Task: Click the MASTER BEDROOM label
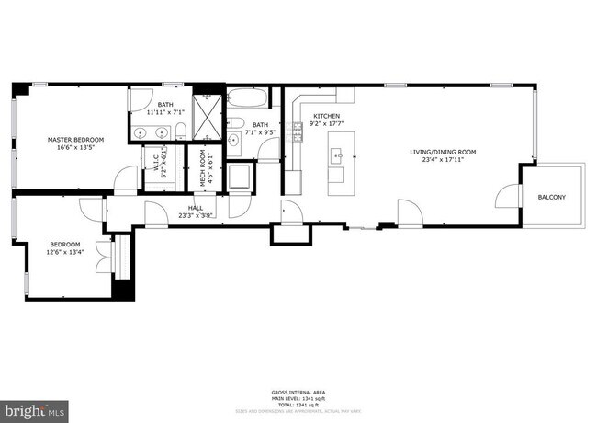tap(75, 140)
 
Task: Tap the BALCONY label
tap(552, 198)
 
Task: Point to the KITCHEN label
tap(326, 115)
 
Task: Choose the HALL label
tap(196, 209)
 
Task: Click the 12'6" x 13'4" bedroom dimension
tap(66, 251)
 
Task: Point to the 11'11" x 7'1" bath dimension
tap(164, 112)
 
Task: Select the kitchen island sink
tap(337, 155)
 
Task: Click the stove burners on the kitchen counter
tap(296, 134)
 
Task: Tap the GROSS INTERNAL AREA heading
tap(298, 391)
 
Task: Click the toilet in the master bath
tap(182, 129)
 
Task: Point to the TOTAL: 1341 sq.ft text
tap(298, 404)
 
